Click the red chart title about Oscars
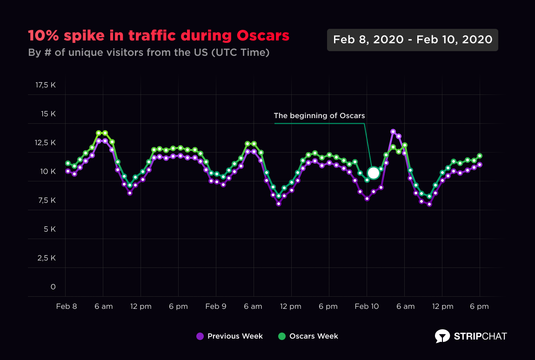click(159, 36)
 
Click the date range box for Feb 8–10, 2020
click(412, 40)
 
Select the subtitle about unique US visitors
click(149, 52)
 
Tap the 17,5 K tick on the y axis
click(45, 85)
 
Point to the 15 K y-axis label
click(47, 114)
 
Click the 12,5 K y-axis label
click(45, 143)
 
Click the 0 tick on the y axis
click(53, 287)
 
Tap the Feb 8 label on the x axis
click(67, 307)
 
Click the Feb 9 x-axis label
click(216, 307)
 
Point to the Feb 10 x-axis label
click(368, 307)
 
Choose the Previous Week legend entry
click(229, 336)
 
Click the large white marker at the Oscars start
click(373, 173)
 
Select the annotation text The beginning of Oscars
click(319, 115)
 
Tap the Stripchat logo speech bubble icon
click(442, 336)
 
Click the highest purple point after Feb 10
click(393, 132)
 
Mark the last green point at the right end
click(480, 156)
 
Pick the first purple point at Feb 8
click(68, 171)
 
